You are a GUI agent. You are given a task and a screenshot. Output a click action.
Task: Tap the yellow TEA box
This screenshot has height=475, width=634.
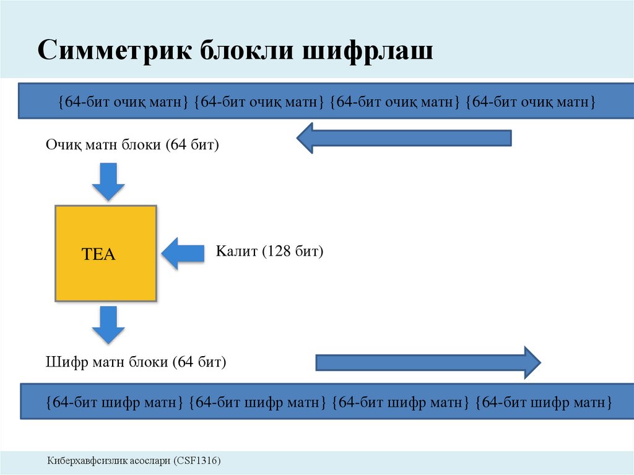click(106, 253)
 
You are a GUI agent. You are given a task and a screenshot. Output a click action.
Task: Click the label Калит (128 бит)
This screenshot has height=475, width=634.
click(269, 251)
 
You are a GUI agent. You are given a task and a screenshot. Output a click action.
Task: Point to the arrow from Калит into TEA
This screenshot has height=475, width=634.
click(183, 253)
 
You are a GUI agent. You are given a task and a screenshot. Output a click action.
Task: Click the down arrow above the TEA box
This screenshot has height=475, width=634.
click(108, 181)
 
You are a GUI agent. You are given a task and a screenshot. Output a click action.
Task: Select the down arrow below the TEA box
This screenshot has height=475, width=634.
click(108, 325)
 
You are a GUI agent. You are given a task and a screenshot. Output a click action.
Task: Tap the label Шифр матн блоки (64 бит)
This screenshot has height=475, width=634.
click(136, 362)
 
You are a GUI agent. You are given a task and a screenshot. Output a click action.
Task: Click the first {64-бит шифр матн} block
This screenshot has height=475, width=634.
click(114, 402)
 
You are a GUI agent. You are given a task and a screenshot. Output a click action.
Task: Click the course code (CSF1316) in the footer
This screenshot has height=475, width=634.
click(197, 461)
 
